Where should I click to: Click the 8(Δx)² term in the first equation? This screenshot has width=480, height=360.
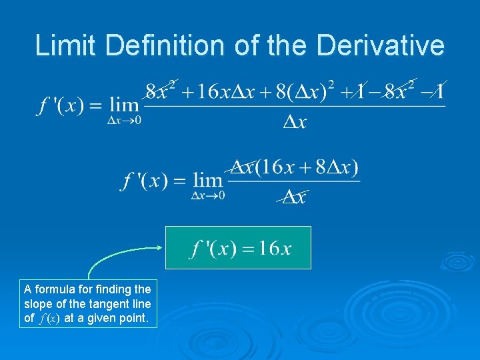300,92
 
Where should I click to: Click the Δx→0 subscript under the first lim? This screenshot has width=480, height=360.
125,121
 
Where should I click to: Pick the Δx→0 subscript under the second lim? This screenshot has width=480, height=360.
208,195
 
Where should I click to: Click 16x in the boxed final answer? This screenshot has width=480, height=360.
275,249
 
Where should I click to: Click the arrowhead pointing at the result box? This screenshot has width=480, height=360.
159,247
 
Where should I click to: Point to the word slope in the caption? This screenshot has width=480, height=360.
37,303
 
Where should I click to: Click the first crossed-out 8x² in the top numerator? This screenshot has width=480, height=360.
160,91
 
